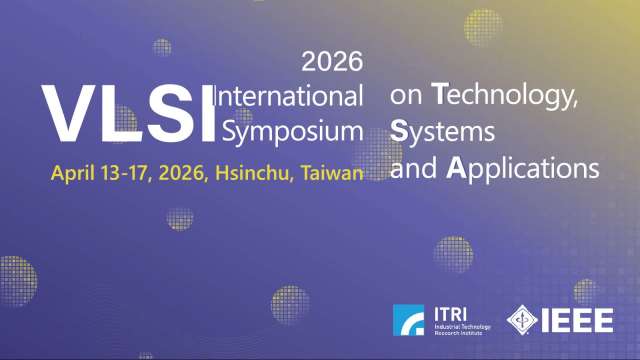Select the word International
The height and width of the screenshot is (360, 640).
291,97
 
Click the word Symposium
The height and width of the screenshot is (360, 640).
293,131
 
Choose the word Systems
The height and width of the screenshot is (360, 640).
442,131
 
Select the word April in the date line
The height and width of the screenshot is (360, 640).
73,172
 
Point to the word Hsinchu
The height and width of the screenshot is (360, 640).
252,172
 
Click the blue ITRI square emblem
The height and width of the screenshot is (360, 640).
408,321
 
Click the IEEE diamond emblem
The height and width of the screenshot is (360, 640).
526,321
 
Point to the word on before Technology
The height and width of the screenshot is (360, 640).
406,98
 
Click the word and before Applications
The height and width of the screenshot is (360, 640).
416,166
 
